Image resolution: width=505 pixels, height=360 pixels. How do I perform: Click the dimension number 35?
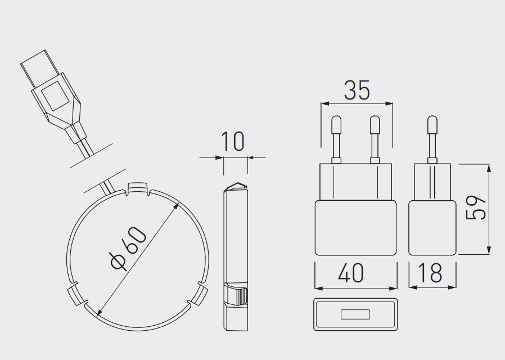point(357,90)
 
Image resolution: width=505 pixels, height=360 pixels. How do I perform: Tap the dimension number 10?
point(232,141)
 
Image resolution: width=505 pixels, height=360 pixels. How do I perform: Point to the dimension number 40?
point(351,273)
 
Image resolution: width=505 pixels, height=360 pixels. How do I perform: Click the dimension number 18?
point(430,273)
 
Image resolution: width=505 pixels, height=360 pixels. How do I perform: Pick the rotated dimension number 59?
point(476,208)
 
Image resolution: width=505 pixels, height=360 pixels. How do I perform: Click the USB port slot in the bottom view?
point(355,314)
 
